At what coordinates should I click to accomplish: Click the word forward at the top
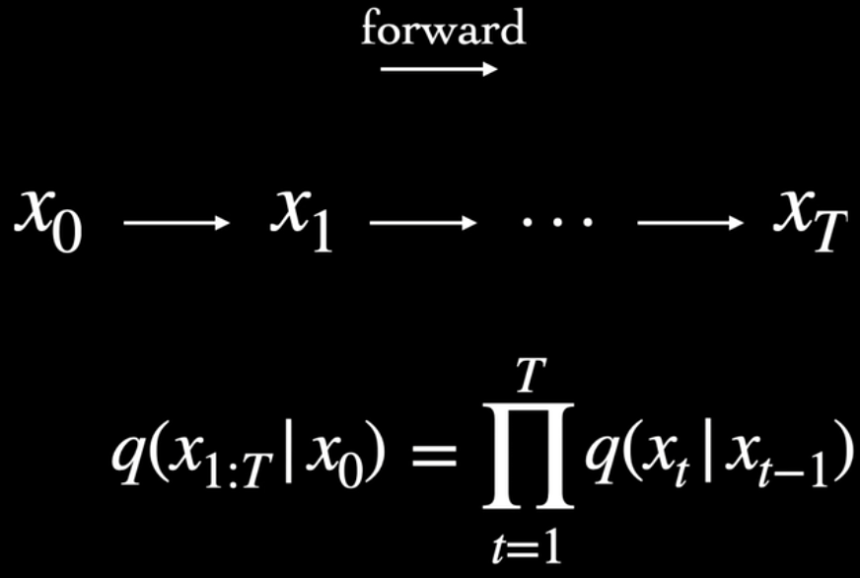[x=443, y=30]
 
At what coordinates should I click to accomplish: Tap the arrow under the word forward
[x=439, y=70]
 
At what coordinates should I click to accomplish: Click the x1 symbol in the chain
[x=300, y=221]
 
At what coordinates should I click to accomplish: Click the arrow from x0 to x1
[x=176, y=224]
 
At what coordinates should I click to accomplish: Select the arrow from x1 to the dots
[x=422, y=224]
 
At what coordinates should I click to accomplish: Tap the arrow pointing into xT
[x=690, y=224]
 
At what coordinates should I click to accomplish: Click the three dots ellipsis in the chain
[x=558, y=223]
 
